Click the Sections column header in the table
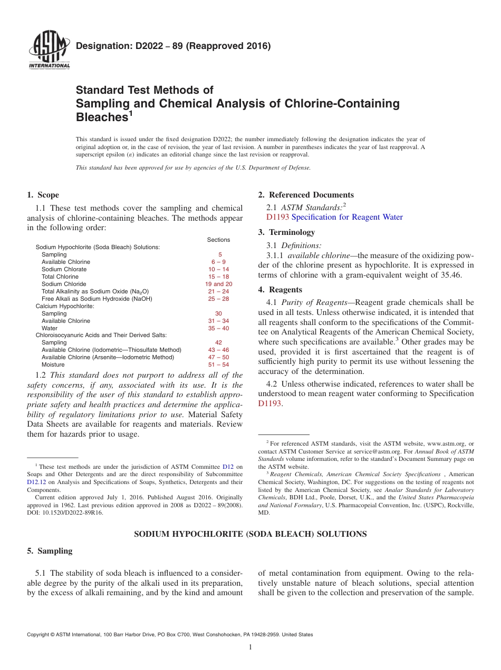(x=218, y=240)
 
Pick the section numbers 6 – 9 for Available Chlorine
(x=218, y=262)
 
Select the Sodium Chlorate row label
(x=64, y=269)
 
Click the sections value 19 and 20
(x=218, y=284)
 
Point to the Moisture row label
(x=53, y=364)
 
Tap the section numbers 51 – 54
(x=218, y=364)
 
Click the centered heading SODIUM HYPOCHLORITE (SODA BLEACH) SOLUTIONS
(x=250, y=534)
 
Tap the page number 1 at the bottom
(x=250, y=647)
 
